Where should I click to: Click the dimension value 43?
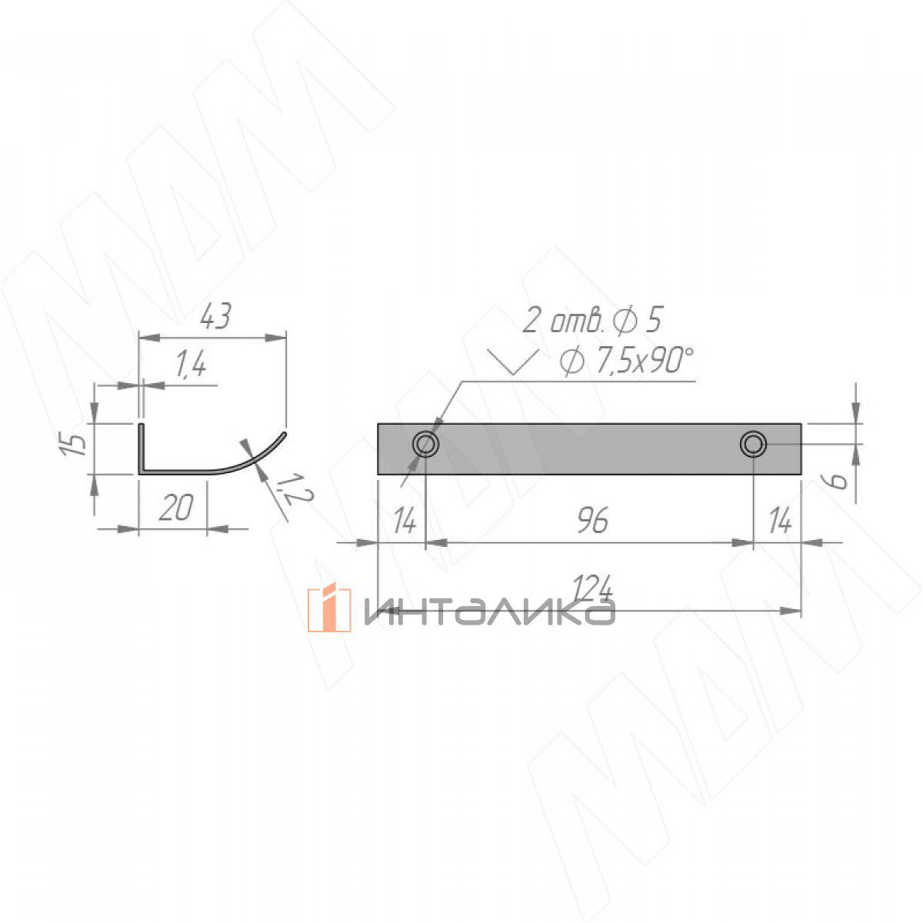point(215,315)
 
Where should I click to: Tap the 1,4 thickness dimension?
point(190,363)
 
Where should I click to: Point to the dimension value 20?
point(176,508)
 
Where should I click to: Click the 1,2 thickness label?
point(294,488)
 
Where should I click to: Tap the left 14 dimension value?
point(405,521)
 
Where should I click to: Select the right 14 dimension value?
point(780,521)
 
